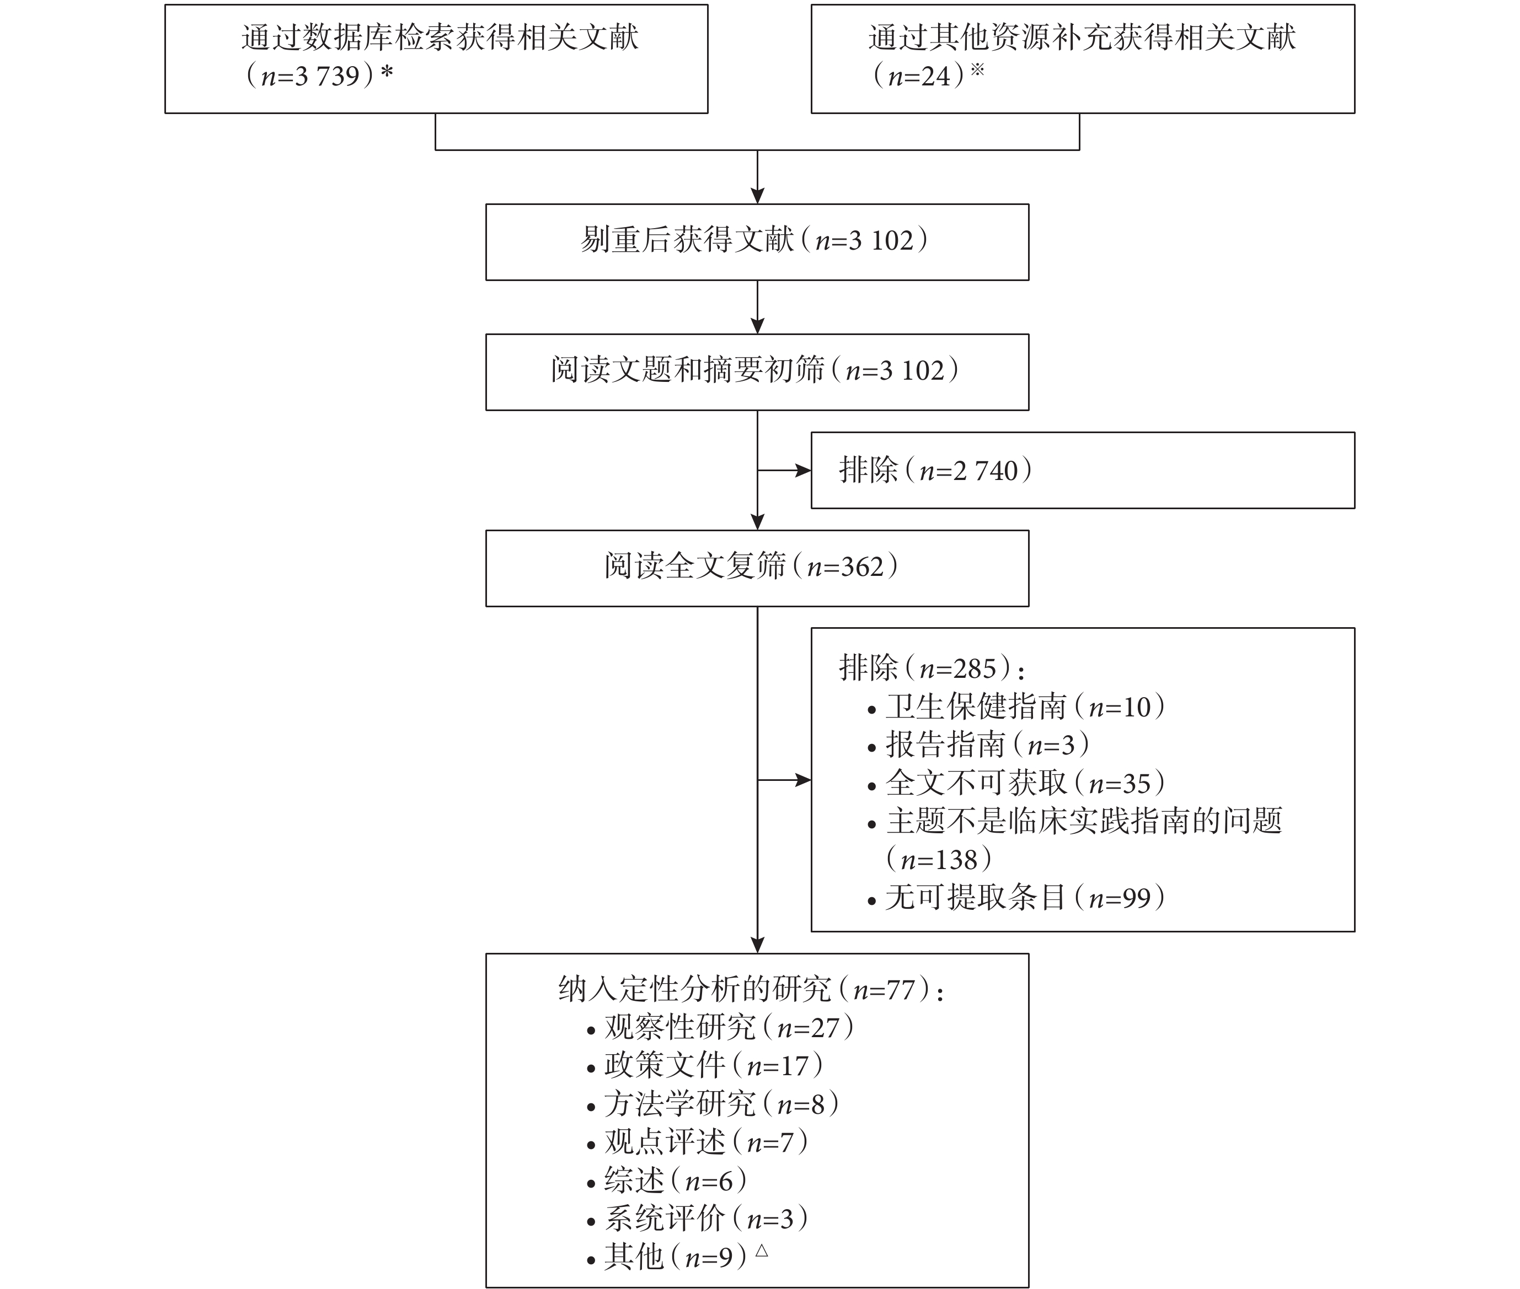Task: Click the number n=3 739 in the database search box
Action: [310, 76]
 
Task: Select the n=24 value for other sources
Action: [919, 76]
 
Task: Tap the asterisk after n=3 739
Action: [387, 72]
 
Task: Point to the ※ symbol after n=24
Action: [977, 70]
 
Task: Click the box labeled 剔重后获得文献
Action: [757, 242]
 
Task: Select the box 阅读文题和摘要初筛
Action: [757, 372]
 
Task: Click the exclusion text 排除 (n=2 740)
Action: [935, 470]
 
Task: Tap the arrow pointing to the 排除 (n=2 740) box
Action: [784, 471]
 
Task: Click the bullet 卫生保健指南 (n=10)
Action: [1016, 706]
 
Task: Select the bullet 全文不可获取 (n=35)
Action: [1016, 783]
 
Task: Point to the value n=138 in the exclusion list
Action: [938, 859]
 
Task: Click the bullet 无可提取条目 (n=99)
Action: [1016, 897]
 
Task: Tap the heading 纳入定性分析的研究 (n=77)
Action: [750, 989]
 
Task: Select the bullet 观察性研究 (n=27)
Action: [720, 1027]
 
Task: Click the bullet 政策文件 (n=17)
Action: [705, 1065]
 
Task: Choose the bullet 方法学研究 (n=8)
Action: [713, 1103]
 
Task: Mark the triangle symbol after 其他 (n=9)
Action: [761, 1250]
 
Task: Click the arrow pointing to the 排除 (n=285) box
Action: [784, 780]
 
